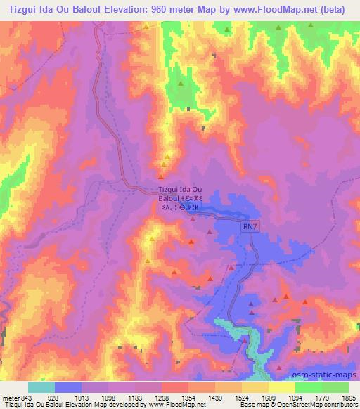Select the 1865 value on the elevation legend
click(x=348, y=397)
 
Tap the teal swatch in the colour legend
click(x=41, y=387)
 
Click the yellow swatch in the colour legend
click(x=282, y=387)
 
